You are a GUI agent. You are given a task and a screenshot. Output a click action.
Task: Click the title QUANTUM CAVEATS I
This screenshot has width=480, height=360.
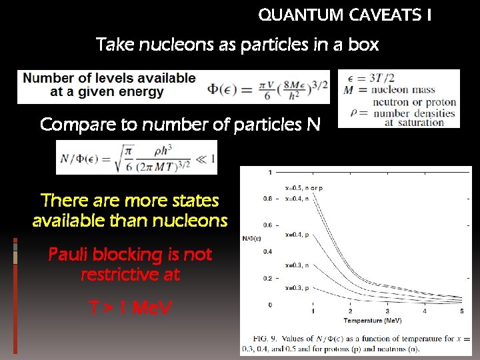344,15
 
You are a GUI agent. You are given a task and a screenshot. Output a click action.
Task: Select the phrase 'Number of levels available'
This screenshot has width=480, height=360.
110,78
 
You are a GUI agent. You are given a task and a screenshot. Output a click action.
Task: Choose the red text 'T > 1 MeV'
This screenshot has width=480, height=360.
130,307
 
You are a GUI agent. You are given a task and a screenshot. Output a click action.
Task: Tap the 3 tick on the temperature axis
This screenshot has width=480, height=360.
388,311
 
